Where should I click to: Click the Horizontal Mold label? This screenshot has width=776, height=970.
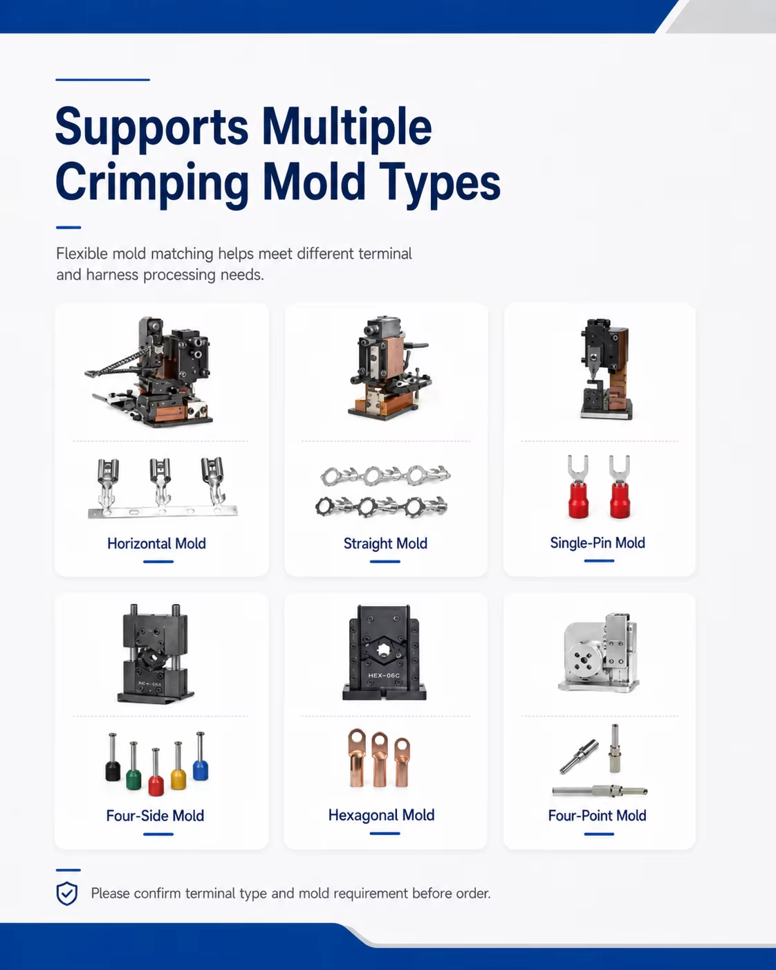[156, 543]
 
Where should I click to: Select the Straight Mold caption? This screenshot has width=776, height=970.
[385, 544]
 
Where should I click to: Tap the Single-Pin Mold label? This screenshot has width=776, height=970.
[598, 542]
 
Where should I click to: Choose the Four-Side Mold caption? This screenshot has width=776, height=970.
[155, 816]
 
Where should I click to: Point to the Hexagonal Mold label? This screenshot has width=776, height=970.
[381, 816]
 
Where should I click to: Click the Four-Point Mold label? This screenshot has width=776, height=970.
[597, 816]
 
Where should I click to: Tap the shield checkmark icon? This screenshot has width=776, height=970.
[66, 893]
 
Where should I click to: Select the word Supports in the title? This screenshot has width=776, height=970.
[152, 127]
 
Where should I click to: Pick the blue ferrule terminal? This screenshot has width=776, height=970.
[200, 756]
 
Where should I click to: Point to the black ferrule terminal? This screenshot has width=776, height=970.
[113, 757]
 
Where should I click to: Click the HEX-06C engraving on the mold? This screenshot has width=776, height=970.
[383, 675]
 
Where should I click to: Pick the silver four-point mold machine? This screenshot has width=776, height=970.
[600, 652]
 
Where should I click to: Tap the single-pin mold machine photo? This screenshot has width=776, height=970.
[606, 369]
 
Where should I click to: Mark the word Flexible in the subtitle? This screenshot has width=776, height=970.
[82, 254]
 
